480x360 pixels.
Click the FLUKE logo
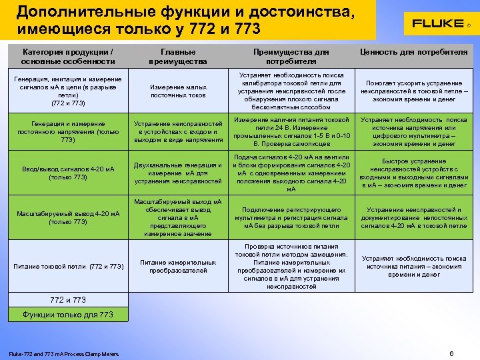pyautogui.click(x=437, y=23)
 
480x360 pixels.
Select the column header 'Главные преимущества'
pyautogui.click(x=178, y=57)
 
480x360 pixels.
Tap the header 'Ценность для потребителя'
pyautogui.click(x=413, y=52)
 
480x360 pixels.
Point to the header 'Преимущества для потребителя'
pyautogui.click(x=291, y=57)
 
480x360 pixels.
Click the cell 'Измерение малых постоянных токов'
pyautogui.click(x=178, y=91)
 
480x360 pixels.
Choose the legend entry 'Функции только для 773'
pyautogui.click(x=67, y=314)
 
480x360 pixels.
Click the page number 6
pyautogui.click(x=451, y=353)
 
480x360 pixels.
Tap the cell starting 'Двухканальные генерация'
pyautogui.click(x=178, y=173)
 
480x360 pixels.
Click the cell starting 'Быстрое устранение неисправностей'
pyautogui.click(x=413, y=173)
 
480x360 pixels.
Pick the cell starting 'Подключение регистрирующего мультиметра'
pyautogui.click(x=291, y=217)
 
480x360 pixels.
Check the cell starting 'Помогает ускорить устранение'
pyautogui.click(x=413, y=91)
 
